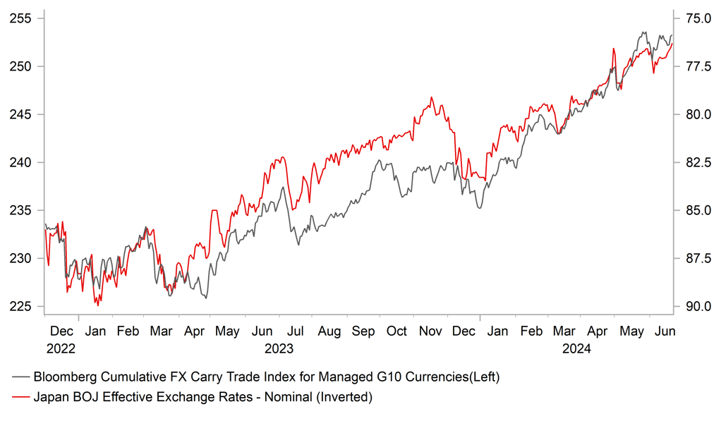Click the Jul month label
pyautogui.click(x=296, y=331)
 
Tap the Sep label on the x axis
pyautogui.click(x=364, y=331)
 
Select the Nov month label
pyautogui.click(x=430, y=331)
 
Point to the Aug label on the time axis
pyautogui.click(x=329, y=331)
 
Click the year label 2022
pyautogui.click(x=61, y=348)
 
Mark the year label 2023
pyautogui.click(x=279, y=348)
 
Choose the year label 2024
pyautogui.click(x=577, y=348)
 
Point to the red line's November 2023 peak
pyautogui.click(x=431, y=98)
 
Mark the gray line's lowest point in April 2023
pyautogui.click(x=206, y=298)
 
